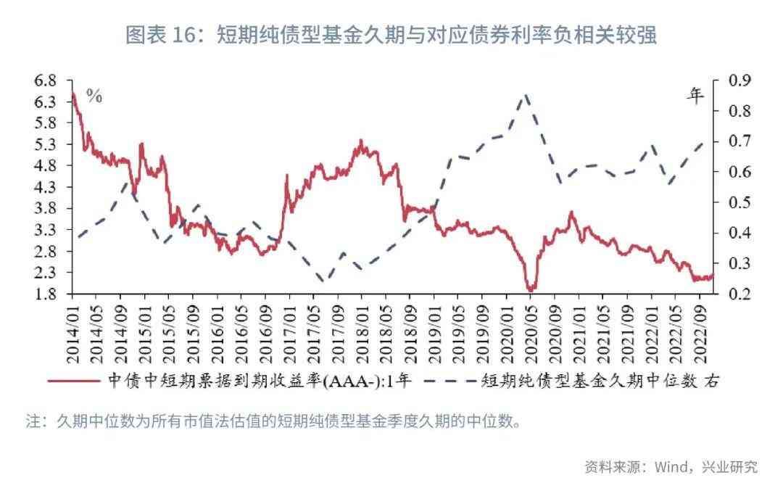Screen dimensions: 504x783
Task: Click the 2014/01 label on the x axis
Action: point(72,330)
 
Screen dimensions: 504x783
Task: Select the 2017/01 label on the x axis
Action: point(289,330)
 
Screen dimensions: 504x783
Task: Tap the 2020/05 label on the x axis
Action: point(531,330)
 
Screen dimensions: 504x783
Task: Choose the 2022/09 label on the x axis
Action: point(700,330)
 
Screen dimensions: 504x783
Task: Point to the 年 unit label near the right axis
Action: point(695,95)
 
